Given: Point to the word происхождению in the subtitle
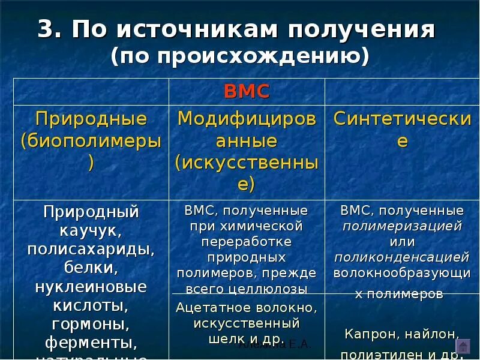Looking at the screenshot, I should [x=253, y=56].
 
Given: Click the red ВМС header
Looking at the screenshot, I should [x=247, y=92].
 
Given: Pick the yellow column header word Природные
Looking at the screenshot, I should [x=91, y=118].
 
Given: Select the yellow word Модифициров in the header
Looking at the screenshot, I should [x=247, y=118].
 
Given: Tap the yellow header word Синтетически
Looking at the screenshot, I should [x=402, y=118].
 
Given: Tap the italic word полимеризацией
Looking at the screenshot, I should [x=402, y=226].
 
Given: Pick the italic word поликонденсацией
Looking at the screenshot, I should [x=402, y=257].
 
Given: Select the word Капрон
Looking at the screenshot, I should [x=370, y=334].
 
